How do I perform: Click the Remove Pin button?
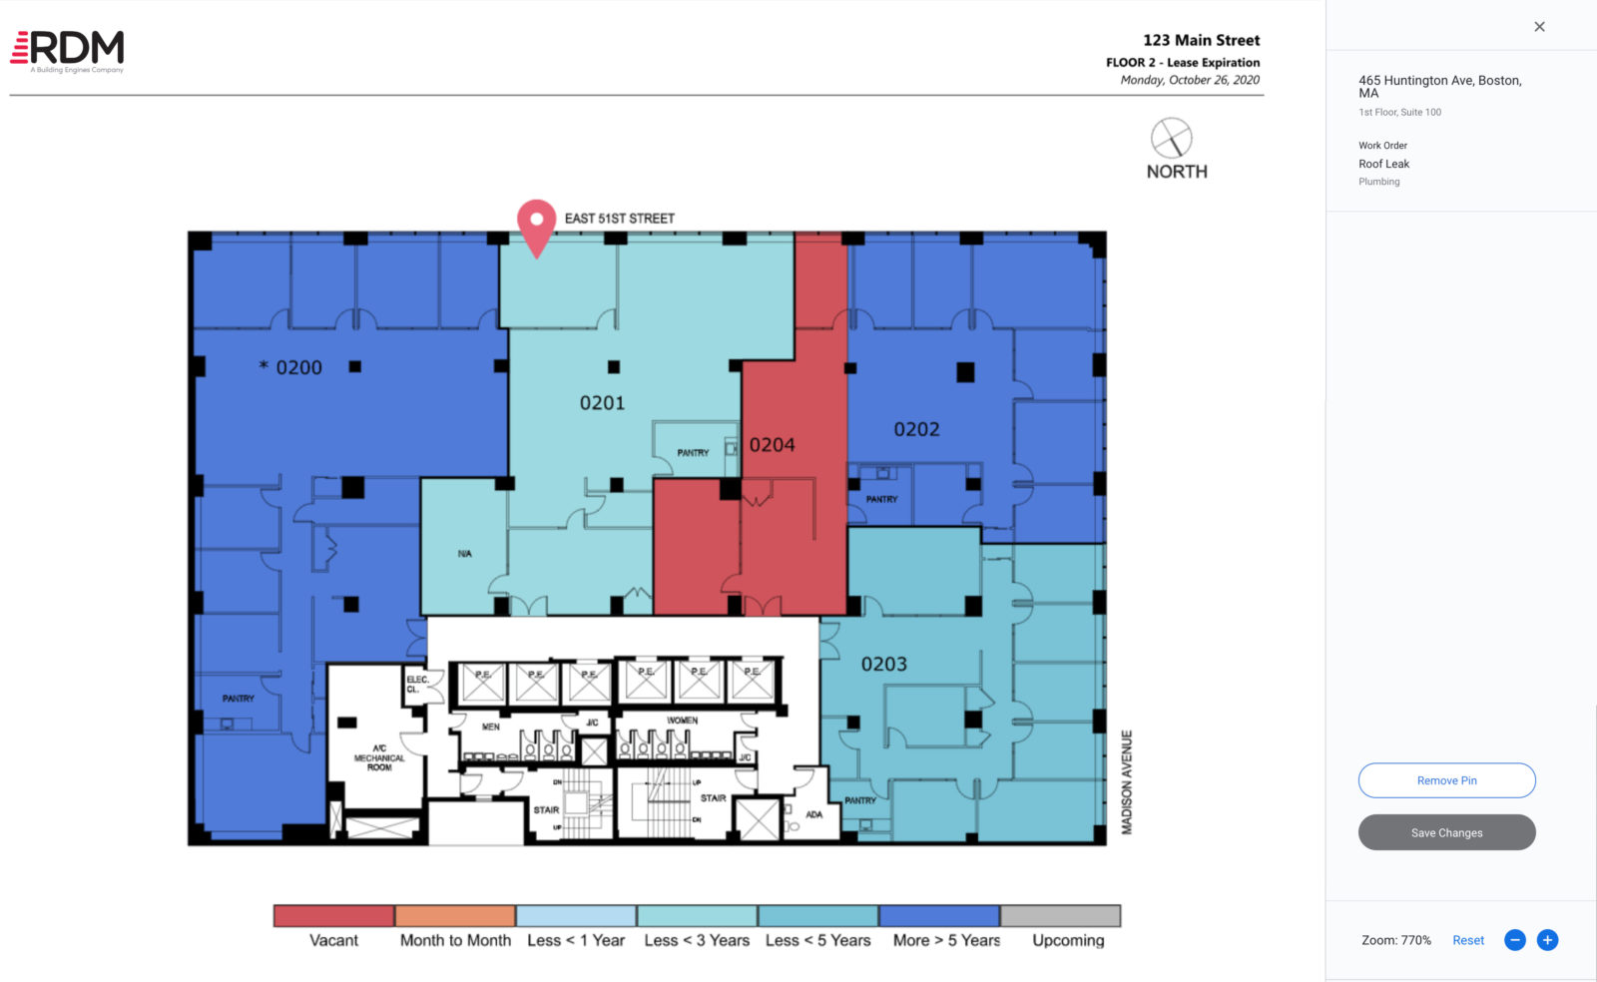tap(1446, 780)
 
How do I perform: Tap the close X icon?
tap(1539, 27)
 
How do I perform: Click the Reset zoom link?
tap(1467, 940)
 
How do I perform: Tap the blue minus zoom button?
tap(1514, 940)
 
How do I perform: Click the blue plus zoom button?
tap(1547, 940)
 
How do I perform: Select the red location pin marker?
tap(536, 224)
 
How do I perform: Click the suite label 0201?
tap(602, 403)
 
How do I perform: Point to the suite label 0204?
tap(772, 445)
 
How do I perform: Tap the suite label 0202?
tap(916, 430)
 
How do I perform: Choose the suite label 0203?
tap(883, 665)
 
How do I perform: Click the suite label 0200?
tap(297, 368)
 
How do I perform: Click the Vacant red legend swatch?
tap(333, 916)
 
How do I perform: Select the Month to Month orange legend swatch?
tap(455, 916)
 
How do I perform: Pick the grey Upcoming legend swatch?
tap(1060, 916)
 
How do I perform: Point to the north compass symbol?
tap(1171, 138)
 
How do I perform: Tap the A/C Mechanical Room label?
tap(379, 757)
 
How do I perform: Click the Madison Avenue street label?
tap(1127, 782)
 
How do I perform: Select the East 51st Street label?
tap(619, 219)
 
